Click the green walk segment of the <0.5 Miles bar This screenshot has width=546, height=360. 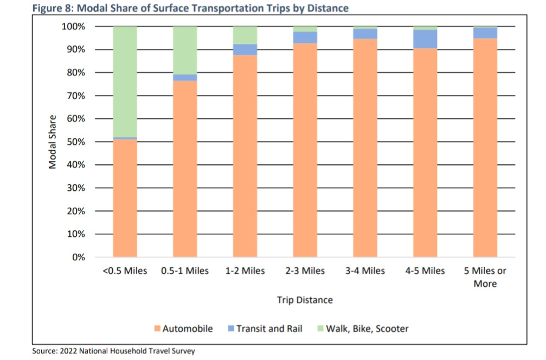tap(125, 81)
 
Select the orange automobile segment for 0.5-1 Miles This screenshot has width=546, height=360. tap(185, 168)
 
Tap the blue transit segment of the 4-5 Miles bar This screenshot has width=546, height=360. tap(425, 39)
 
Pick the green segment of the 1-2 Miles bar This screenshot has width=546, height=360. tap(245, 35)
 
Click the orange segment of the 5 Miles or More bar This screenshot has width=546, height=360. tap(485, 146)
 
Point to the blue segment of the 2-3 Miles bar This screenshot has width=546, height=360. tap(305, 37)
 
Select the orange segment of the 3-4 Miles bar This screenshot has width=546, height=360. tap(365, 146)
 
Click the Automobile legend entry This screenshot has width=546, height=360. tap(184, 329)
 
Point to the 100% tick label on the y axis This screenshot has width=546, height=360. tap(73, 27)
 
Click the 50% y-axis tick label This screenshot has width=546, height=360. tap(75, 142)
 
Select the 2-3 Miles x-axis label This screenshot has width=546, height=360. tap(305, 271)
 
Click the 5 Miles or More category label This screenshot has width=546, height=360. tap(485, 277)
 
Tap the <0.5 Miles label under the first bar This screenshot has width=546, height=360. tap(125, 271)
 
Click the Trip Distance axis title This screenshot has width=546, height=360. tap(305, 300)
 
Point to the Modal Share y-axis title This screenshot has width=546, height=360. tap(53, 142)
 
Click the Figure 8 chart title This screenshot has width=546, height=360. tap(190, 8)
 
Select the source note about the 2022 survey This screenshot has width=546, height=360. tap(113, 351)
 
